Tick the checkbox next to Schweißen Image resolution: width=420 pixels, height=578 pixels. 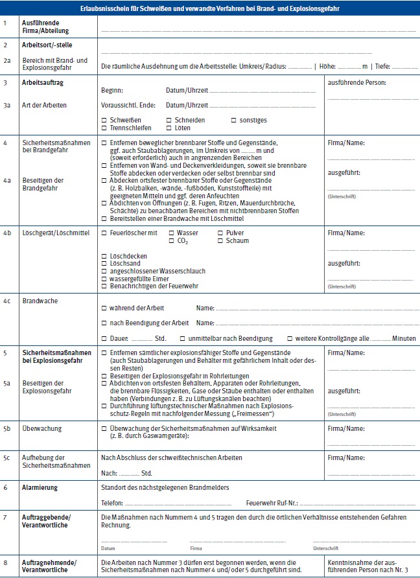[x=104, y=121]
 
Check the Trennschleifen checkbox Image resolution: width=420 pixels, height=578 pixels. [x=104, y=128]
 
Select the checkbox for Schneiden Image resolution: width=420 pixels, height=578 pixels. [x=169, y=121]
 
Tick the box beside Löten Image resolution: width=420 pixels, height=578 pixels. [x=169, y=128]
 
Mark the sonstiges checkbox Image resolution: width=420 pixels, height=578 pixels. [x=233, y=121]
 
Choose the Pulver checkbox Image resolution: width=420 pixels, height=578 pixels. [x=220, y=233]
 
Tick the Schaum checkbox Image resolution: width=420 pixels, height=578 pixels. [x=220, y=240]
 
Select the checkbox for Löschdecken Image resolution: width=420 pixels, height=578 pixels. [x=104, y=256]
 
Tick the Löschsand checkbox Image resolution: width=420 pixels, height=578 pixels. [x=104, y=264]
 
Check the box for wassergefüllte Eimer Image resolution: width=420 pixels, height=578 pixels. [x=104, y=278]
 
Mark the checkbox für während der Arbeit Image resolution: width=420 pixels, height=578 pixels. [x=104, y=308]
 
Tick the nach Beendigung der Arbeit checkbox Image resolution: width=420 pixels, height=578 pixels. [x=104, y=323]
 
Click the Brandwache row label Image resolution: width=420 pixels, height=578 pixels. [x=39, y=301]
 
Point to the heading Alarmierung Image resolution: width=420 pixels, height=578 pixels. [x=41, y=487]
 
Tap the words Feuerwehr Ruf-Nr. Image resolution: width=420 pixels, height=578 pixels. [x=272, y=503]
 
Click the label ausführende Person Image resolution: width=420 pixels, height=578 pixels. [x=358, y=83]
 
